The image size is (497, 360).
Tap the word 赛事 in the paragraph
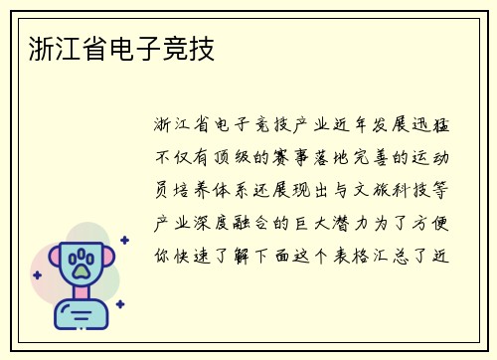(x=293, y=156)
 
